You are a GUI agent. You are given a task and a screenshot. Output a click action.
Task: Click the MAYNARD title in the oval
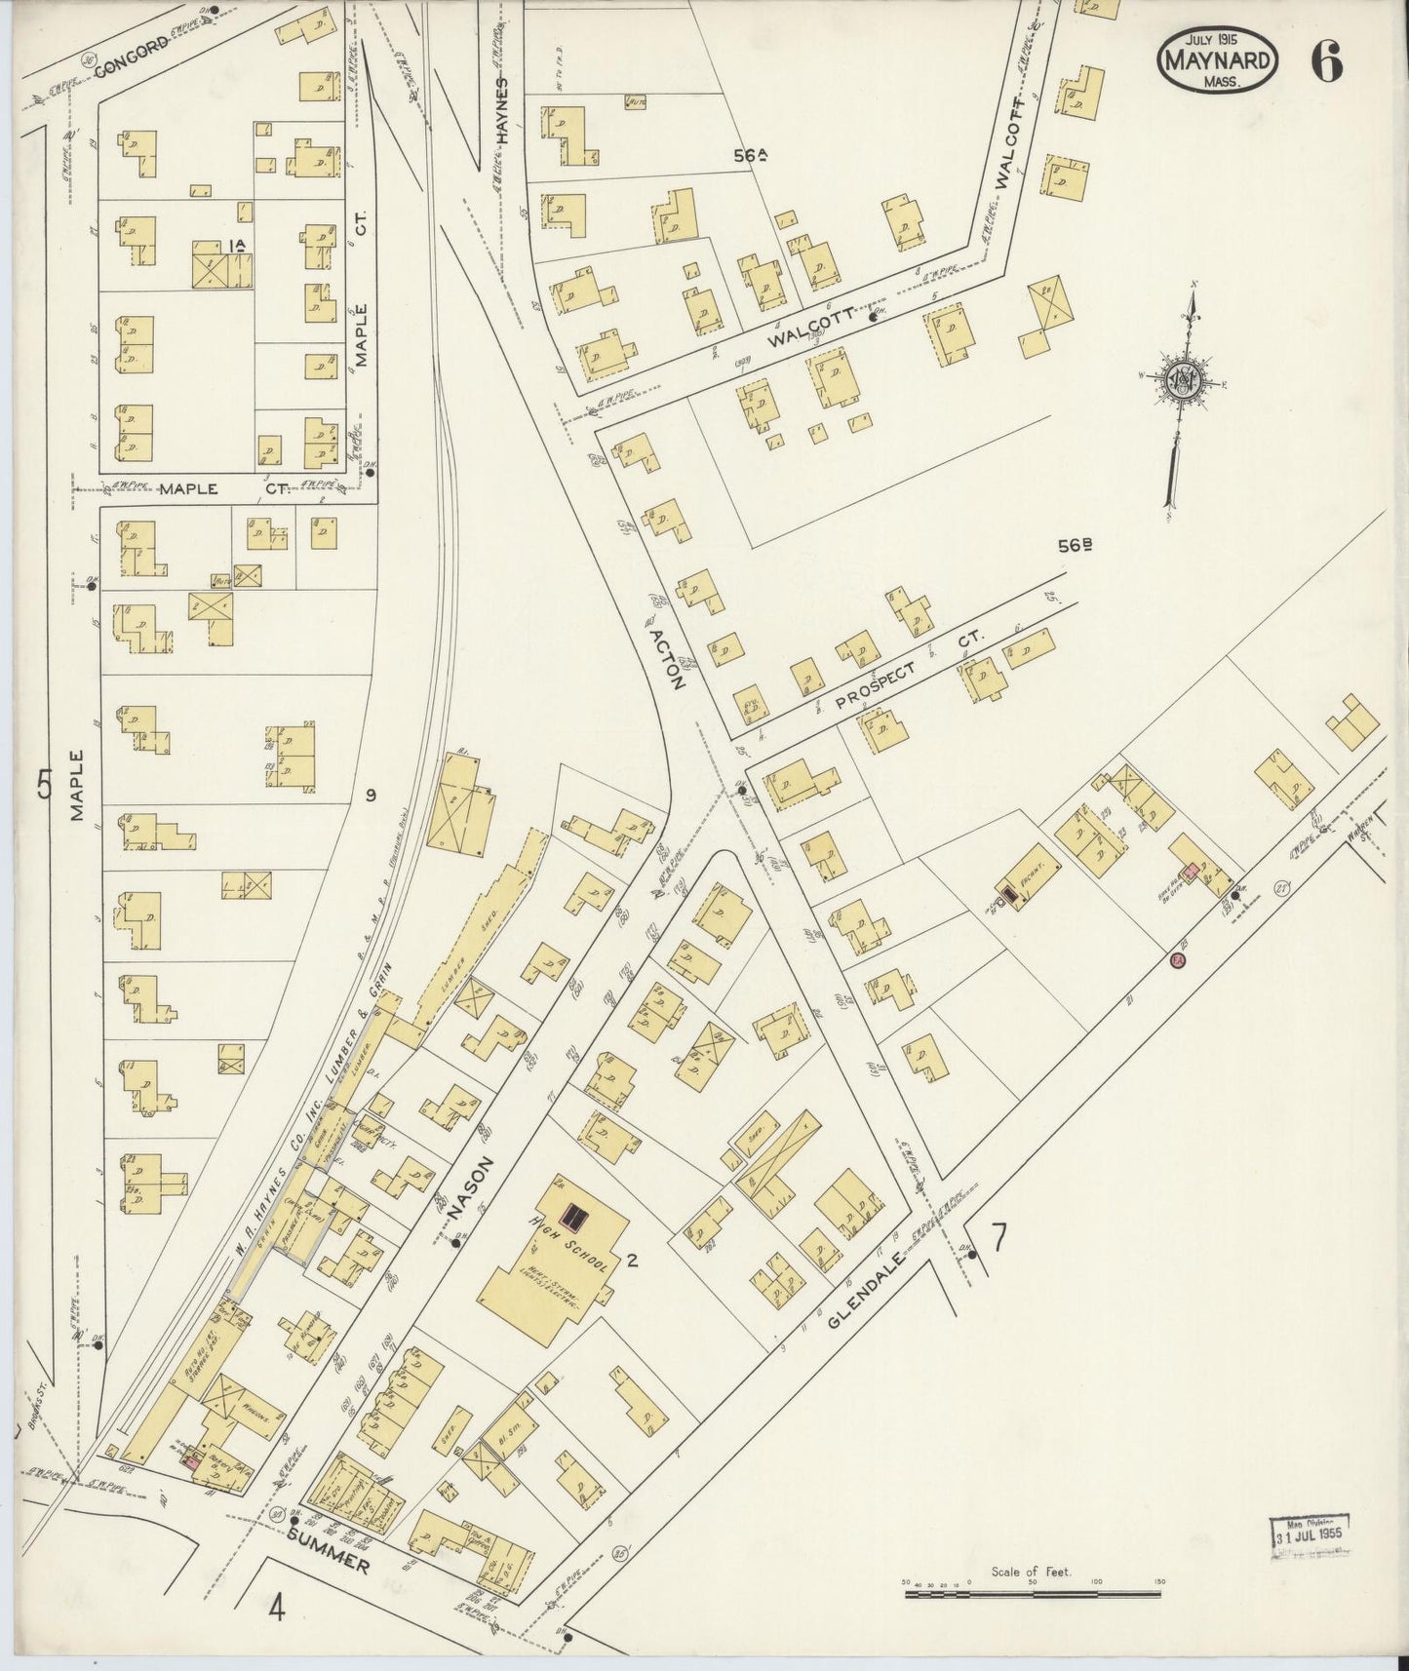click(1217, 59)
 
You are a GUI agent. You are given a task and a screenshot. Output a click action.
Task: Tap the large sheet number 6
click(1326, 62)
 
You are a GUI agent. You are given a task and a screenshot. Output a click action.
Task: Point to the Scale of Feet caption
click(1031, 1571)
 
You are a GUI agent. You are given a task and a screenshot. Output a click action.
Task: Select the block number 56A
click(750, 154)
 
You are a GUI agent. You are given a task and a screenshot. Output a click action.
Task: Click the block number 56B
click(1074, 546)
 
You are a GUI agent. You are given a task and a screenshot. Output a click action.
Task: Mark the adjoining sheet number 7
click(998, 1237)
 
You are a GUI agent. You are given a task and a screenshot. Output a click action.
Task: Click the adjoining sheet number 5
click(44, 784)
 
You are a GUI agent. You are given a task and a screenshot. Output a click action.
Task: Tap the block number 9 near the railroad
click(371, 796)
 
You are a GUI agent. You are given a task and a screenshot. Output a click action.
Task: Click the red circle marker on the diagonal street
click(1177, 961)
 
